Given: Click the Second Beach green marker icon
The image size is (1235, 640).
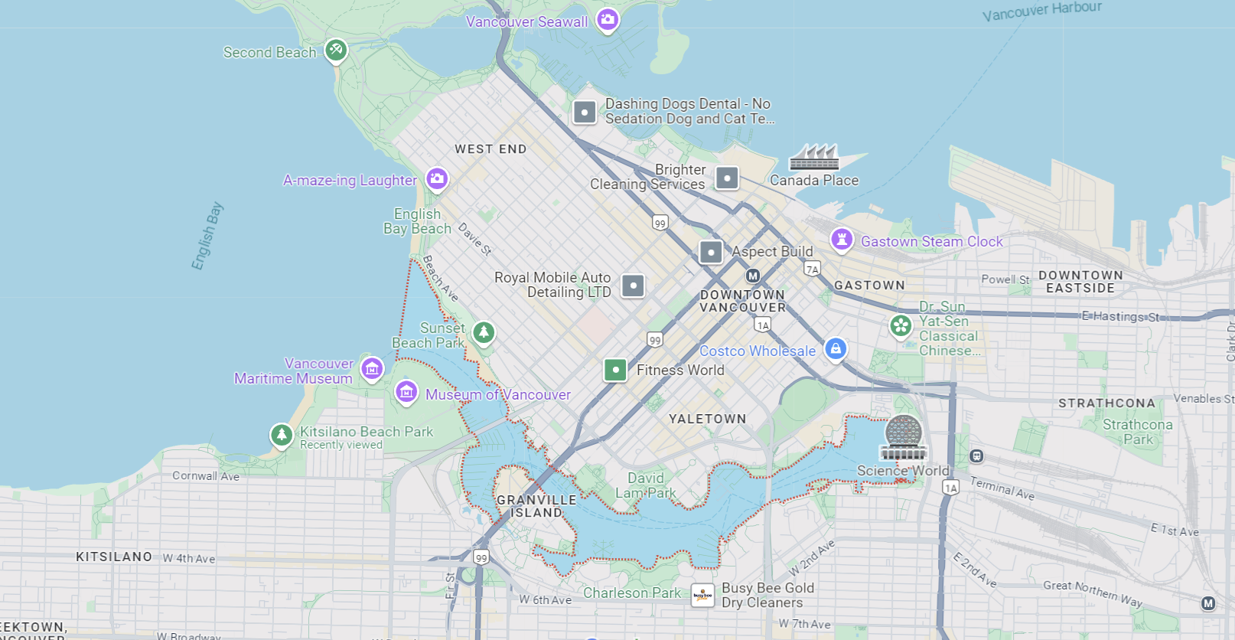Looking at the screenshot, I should pyautogui.click(x=335, y=51).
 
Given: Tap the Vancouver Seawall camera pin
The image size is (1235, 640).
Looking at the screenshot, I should pyautogui.click(x=608, y=20).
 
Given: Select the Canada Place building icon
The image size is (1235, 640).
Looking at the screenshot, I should pyautogui.click(x=814, y=157).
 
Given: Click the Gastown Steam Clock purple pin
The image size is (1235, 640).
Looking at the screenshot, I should pyautogui.click(x=842, y=240).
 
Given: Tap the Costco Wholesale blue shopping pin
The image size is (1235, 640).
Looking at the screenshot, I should pyautogui.click(x=836, y=349).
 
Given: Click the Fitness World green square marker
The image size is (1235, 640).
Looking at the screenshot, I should pyautogui.click(x=615, y=370).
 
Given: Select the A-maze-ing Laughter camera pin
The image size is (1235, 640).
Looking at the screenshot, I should pyautogui.click(x=437, y=178).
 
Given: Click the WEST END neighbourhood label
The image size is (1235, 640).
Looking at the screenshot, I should pyautogui.click(x=490, y=149).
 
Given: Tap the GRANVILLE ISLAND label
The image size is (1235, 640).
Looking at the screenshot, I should pyautogui.click(x=536, y=506).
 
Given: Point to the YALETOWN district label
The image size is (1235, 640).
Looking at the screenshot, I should pyautogui.click(x=707, y=419).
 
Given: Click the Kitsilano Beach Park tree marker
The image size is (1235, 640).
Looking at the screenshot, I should pyautogui.click(x=282, y=435).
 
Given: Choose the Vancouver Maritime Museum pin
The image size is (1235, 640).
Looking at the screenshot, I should pyautogui.click(x=372, y=369).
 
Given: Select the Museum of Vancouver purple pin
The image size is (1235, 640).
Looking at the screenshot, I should pyautogui.click(x=406, y=393).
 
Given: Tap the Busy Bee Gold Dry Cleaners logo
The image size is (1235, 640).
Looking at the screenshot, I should pyautogui.click(x=702, y=595).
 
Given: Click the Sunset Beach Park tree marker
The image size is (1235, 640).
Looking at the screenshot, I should pyautogui.click(x=483, y=332).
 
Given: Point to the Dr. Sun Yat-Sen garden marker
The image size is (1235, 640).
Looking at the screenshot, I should pyautogui.click(x=901, y=326).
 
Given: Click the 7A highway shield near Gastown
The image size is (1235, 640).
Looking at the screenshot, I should pyautogui.click(x=812, y=269).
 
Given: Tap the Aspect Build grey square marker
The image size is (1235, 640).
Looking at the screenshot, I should pyautogui.click(x=711, y=252).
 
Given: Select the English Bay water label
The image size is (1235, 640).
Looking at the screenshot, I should pyautogui.click(x=207, y=236).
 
